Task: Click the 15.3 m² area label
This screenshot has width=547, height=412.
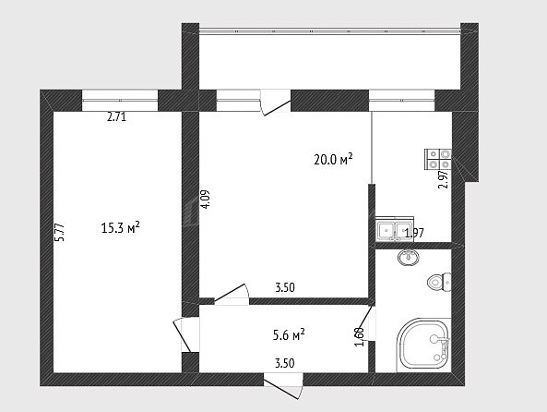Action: [x=120, y=228]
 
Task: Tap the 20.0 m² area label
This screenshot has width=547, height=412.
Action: [x=334, y=159]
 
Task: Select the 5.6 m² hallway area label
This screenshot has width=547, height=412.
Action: [x=289, y=335]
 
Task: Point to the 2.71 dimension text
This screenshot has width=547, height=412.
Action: [x=116, y=116]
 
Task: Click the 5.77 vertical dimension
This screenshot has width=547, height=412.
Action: [x=60, y=233]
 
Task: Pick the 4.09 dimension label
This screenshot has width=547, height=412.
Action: [x=205, y=200]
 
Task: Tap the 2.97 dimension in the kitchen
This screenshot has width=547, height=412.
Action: [x=443, y=179]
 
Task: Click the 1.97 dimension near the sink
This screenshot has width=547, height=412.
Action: [x=414, y=233]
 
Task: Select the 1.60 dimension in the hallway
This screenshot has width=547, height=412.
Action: [x=360, y=337]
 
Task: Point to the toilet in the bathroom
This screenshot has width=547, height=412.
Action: [x=439, y=282]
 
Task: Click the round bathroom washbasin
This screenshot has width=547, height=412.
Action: [x=409, y=258]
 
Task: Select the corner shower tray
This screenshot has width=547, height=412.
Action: [x=423, y=345]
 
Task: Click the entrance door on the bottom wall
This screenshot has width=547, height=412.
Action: [x=283, y=385]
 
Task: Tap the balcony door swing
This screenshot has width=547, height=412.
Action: [x=276, y=103]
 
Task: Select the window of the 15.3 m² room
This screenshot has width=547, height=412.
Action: [x=120, y=101]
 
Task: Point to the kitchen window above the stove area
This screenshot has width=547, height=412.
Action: [x=402, y=101]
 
